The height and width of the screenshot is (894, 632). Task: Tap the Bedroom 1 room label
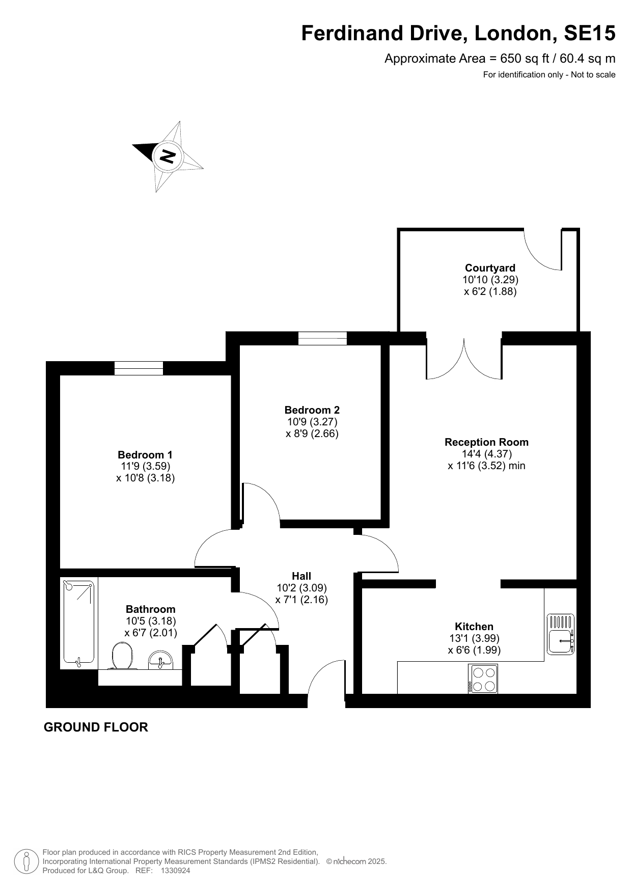(x=145, y=455)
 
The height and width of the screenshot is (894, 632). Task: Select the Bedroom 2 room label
(x=312, y=410)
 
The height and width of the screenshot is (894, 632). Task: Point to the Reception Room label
(x=486, y=442)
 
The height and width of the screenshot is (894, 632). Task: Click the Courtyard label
(x=490, y=268)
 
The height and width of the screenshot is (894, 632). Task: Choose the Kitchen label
(x=474, y=627)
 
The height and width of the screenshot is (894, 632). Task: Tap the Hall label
(x=301, y=576)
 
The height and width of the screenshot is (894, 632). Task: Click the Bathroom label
(x=150, y=609)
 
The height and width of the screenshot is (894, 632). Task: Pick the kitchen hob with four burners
(x=483, y=679)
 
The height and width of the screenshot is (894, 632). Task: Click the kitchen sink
(x=561, y=634)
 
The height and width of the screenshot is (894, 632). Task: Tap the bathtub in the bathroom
(x=78, y=624)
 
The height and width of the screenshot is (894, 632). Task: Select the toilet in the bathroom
(x=122, y=656)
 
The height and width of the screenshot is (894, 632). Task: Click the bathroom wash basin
(x=161, y=660)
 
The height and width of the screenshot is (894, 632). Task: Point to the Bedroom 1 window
(x=139, y=368)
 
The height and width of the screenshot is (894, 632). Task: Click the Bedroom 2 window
(x=322, y=338)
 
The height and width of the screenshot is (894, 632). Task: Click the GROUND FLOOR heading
(x=96, y=727)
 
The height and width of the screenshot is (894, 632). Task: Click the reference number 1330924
(x=175, y=871)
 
